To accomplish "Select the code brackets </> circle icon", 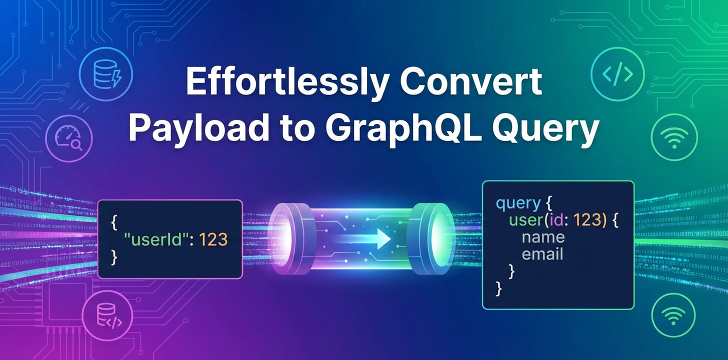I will point(618,73).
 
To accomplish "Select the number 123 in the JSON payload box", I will point(213,239).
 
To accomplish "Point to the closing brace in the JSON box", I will point(113,257).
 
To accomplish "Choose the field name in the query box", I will point(543,237).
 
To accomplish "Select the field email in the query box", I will point(542,254).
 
